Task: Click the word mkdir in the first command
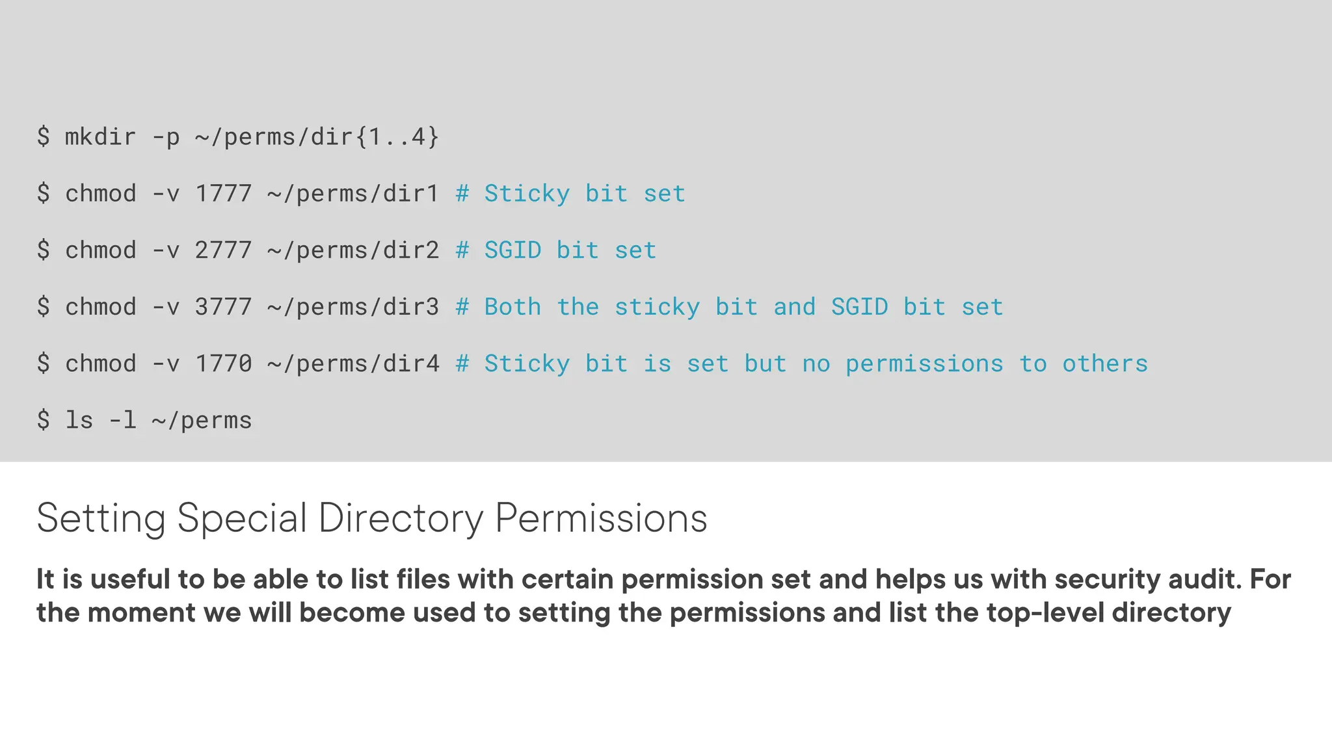[x=100, y=137]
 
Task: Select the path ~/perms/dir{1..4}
[x=317, y=137]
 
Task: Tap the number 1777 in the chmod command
[x=223, y=194]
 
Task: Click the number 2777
[x=223, y=250]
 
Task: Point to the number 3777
[x=223, y=307]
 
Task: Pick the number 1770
[x=223, y=363]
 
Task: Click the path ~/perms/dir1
[x=353, y=194]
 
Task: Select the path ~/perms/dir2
[x=353, y=250]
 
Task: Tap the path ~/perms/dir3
[x=353, y=307]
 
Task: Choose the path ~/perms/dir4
[x=353, y=363]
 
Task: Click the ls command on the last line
[x=79, y=420]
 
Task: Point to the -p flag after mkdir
[x=165, y=137]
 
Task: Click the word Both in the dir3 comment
[x=513, y=307]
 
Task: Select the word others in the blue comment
[x=1105, y=363]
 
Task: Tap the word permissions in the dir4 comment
[x=924, y=363]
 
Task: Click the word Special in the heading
[x=241, y=518]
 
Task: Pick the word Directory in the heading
[x=401, y=518]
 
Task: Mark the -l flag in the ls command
[x=122, y=420]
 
